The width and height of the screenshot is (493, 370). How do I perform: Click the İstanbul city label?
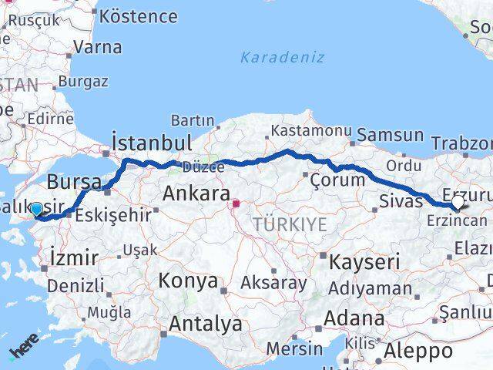pyautogui.click(x=152, y=143)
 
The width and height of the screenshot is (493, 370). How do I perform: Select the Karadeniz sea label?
pyautogui.click(x=282, y=58)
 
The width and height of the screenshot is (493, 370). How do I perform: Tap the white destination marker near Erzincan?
pyautogui.click(x=458, y=202)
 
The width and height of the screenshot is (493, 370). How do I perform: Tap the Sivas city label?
pyautogui.click(x=401, y=202)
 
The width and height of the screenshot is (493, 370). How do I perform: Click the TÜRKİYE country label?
pyautogui.click(x=290, y=225)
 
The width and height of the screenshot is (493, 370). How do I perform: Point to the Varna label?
pyautogui.click(x=97, y=47)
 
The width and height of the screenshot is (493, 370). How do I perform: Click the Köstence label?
pyautogui.click(x=139, y=15)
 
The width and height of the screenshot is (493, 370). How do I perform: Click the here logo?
pyautogui.click(x=23, y=351)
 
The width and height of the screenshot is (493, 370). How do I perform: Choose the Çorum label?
pyautogui.click(x=337, y=180)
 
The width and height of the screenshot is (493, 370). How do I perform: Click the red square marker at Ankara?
pyautogui.click(x=237, y=204)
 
